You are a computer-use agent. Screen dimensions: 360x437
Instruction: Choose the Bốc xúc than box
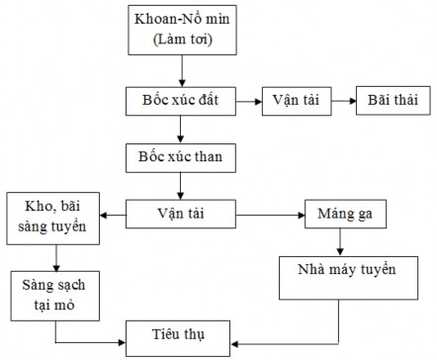[181, 158]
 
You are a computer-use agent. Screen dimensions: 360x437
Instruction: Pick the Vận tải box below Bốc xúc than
[181, 212]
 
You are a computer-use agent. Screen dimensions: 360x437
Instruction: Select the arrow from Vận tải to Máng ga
[273, 212]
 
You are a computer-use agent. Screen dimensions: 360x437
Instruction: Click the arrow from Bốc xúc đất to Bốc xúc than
[181, 130]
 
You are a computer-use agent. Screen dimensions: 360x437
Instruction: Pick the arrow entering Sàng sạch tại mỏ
[56, 256]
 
